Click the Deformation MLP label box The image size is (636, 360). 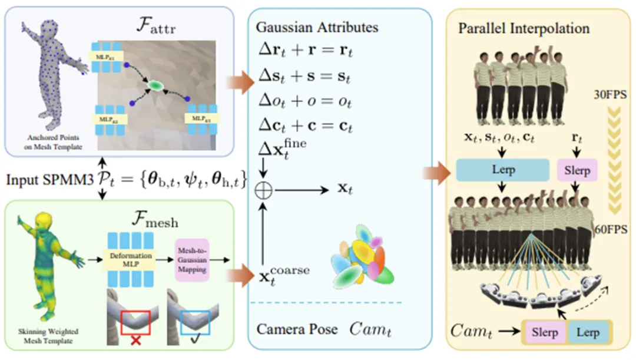click(131, 259)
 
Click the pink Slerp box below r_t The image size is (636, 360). click(577, 170)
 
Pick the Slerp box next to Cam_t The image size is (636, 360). click(545, 332)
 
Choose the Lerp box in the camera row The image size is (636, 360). click(588, 332)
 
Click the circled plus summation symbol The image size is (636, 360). click(264, 191)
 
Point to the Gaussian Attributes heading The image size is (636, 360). click(317, 27)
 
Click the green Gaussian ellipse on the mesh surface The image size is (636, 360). click(154, 85)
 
